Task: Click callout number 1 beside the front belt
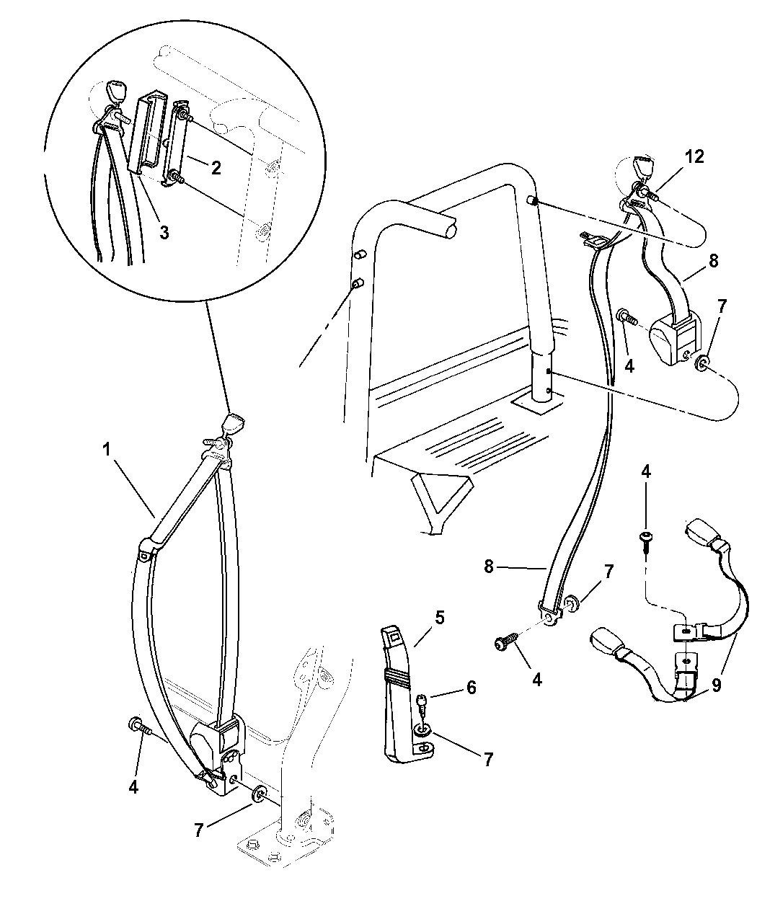[x=106, y=449]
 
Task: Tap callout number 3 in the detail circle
[x=164, y=233]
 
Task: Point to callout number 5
[x=439, y=618]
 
